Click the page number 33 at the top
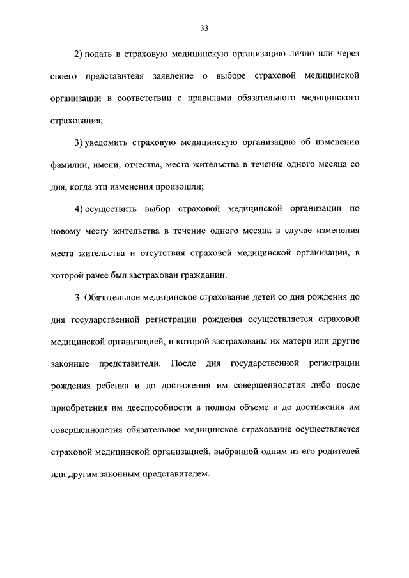[x=204, y=28]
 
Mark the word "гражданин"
[x=204, y=276]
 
